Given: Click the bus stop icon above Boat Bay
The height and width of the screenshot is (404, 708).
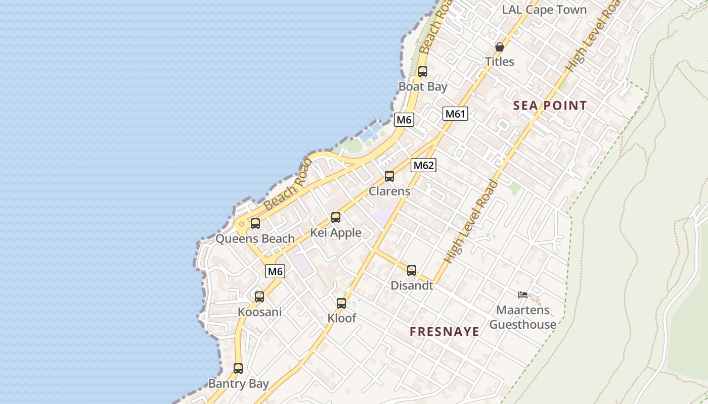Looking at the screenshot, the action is tap(422, 72).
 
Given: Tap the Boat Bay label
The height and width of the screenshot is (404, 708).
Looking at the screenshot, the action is tap(423, 86).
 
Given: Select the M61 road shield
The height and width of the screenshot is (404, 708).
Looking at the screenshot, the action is tap(455, 114).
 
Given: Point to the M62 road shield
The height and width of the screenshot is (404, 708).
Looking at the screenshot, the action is tap(423, 165).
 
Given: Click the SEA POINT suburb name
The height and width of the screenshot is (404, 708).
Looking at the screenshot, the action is tap(550, 106).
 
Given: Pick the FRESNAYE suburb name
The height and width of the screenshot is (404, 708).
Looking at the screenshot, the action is tap(445, 332).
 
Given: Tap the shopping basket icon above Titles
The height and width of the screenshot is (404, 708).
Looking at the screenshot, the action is tap(500, 47).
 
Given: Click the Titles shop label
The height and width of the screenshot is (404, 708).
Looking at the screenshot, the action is tap(500, 62).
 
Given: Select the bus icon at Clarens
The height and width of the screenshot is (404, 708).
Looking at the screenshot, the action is tap(389, 176).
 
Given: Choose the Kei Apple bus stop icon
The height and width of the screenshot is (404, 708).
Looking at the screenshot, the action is tap(336, 218).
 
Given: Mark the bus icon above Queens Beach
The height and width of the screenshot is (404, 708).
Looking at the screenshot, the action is tap(255, 224).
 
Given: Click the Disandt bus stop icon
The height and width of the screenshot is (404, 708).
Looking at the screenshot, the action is tap(412, 271).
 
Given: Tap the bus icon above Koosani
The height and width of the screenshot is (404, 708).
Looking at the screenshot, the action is tap(259, 297).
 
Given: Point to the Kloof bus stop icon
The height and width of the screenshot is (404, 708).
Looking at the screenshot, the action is tap(341, 304).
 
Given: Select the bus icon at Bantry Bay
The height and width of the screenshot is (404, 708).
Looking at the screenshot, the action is tap(238, 369).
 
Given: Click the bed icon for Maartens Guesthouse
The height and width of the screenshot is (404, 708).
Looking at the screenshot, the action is tap(523, 295).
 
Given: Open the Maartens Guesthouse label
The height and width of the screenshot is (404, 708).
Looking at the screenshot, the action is tap(523, 317).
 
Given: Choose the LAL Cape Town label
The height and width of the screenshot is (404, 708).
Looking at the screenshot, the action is tap(544, 10).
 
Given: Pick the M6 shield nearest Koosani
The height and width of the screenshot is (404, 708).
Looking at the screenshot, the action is tap(275, 271).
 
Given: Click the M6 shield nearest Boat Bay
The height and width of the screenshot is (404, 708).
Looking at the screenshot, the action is tap(404, 120).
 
